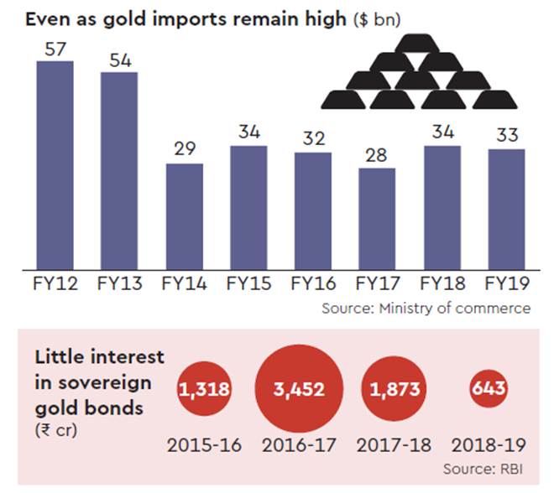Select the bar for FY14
tap(184, 216)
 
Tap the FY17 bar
tap(376, 219)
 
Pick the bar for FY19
tap(505, 210)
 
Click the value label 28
tap(376, 155)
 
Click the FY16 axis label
tap(312, 284)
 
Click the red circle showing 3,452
tap(300, 390)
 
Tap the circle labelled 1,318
tap(205, 390)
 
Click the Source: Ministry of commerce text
tap(426, 309)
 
